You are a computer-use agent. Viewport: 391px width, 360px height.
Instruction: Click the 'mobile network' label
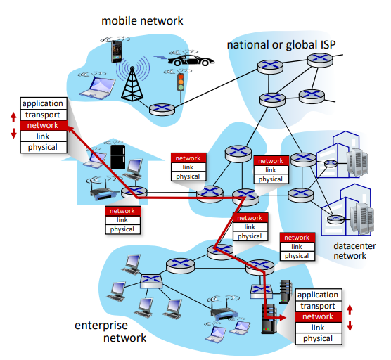tap(142, 20)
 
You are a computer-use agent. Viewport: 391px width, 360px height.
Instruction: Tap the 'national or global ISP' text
tap(281, 45)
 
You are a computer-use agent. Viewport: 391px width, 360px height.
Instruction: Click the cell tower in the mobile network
tap(132, 82)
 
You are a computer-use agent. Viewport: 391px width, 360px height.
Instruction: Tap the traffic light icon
tap(180, 85)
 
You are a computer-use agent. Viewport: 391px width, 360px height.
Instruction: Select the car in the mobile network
tap(188, 63)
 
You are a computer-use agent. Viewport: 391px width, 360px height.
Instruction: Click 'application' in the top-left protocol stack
tap(44, 103)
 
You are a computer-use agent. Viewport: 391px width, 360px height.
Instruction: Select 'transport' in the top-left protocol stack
tap(44, 115)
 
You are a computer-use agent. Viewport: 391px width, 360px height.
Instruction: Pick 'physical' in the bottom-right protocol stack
tap(318, 339)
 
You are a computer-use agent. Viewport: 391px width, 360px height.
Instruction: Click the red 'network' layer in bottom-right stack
tap(318, 317)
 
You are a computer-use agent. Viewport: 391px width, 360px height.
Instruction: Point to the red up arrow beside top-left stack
tap(13, 115)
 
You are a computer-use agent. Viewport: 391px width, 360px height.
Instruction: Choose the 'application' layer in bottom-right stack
tap(318, 295)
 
